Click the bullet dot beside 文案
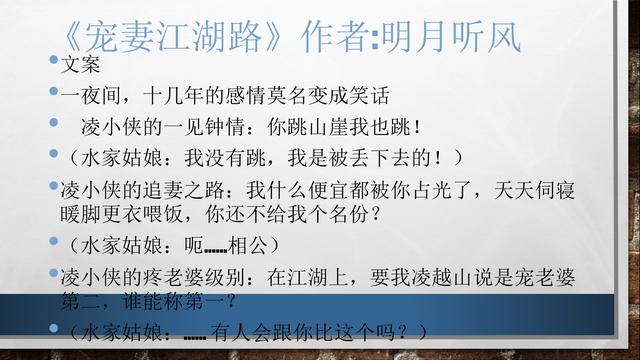coord(54,65)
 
